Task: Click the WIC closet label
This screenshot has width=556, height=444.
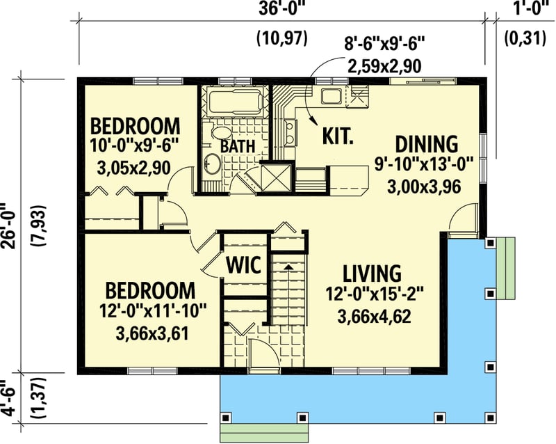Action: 244,264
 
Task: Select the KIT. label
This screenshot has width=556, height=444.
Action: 338,134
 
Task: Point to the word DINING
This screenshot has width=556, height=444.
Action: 427,145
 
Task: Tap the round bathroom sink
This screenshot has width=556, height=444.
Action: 212,164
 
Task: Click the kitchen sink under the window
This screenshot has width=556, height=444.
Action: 329,96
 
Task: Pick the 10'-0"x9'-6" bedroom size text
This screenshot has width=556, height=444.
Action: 136,146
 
